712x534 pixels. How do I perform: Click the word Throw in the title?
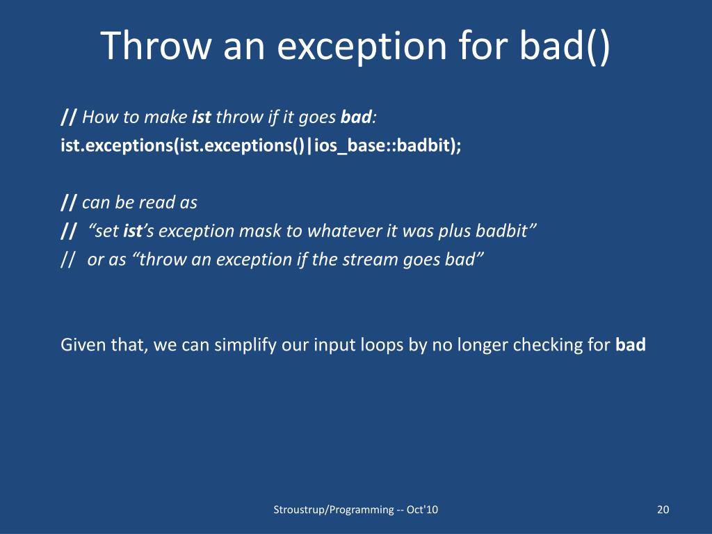(156, 45)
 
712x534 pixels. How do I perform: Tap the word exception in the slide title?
(362, 48)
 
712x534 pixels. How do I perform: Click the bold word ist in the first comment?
(201, 117)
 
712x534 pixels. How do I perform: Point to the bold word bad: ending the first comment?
(358, 117)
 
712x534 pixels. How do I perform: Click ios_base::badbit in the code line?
(382, 146)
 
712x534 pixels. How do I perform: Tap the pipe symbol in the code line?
(309, 146)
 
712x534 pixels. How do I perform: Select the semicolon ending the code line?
(458, 147)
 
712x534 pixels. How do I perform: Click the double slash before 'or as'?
(67, 260)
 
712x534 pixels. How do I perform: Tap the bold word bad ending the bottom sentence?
(631, 345)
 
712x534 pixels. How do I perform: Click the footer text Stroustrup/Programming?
(334, 510)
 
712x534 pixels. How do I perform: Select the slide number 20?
(663, 510)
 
